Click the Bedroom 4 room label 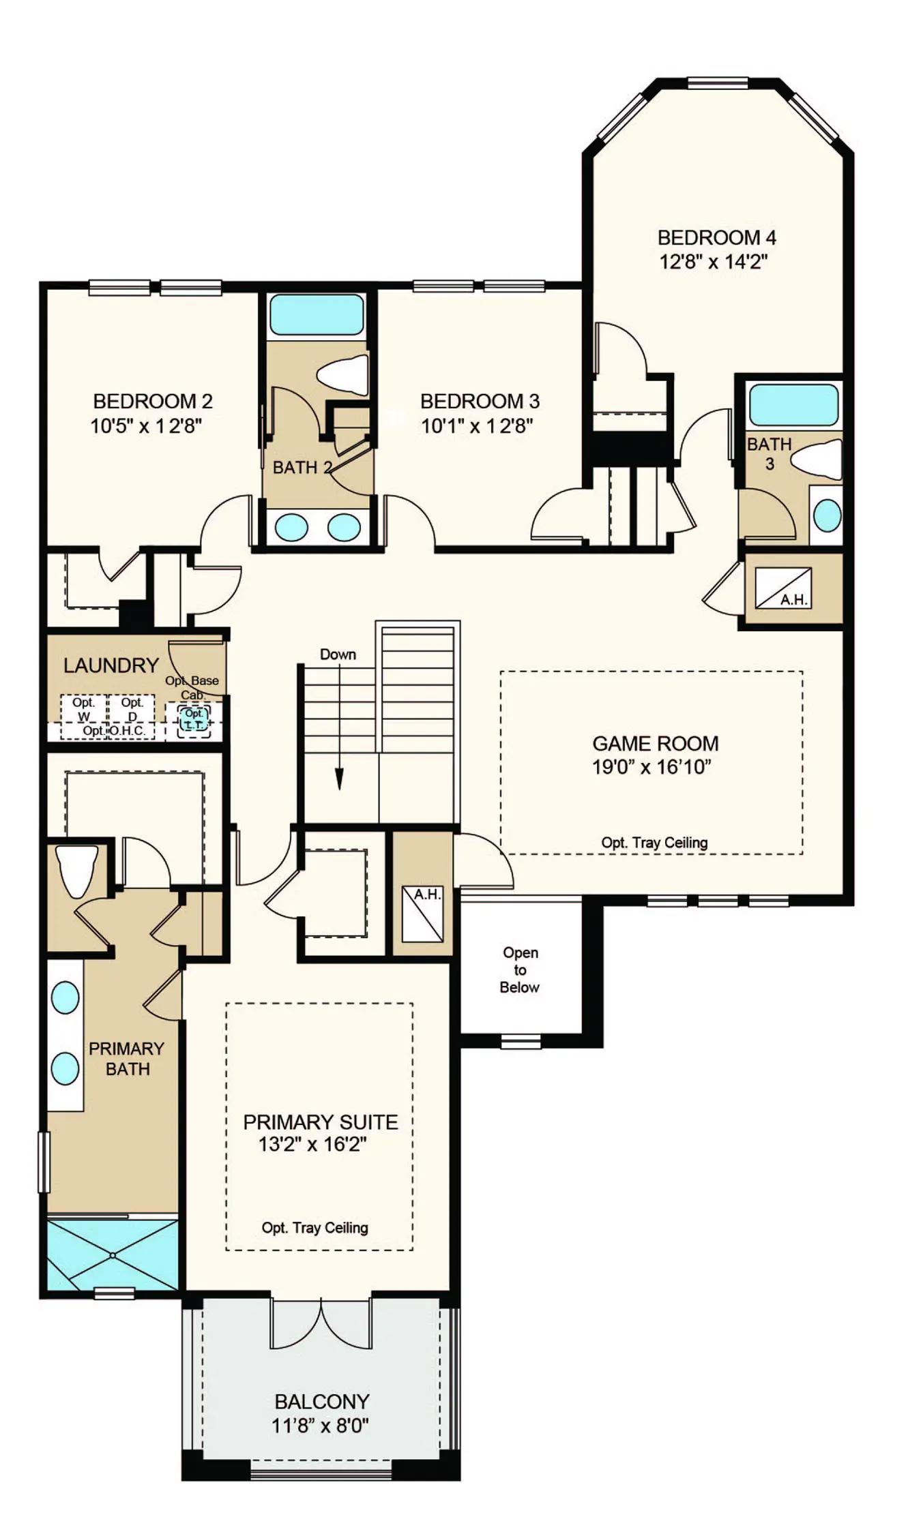(x=716, y=238)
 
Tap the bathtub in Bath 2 (x=317, y=314)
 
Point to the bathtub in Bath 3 (x=793, y=405)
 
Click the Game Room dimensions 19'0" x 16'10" (x=651, y=767)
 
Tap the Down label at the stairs (x=338, y=655)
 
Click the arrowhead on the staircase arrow (x=339, y=779)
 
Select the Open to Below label (x=520, y=969)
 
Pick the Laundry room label (x=111, y=665)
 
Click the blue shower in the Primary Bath (x=113, y=1254)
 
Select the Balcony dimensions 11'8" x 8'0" (x=320, y=1426)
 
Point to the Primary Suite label (x=321, y=1122)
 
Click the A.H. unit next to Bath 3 (x=783, y=589)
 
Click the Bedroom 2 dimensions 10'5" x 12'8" (x=146, y=426)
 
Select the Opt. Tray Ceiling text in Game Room (x=654, y=843)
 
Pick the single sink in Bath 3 (x=828, y=515)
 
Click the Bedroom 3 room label (x=480, y=401)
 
